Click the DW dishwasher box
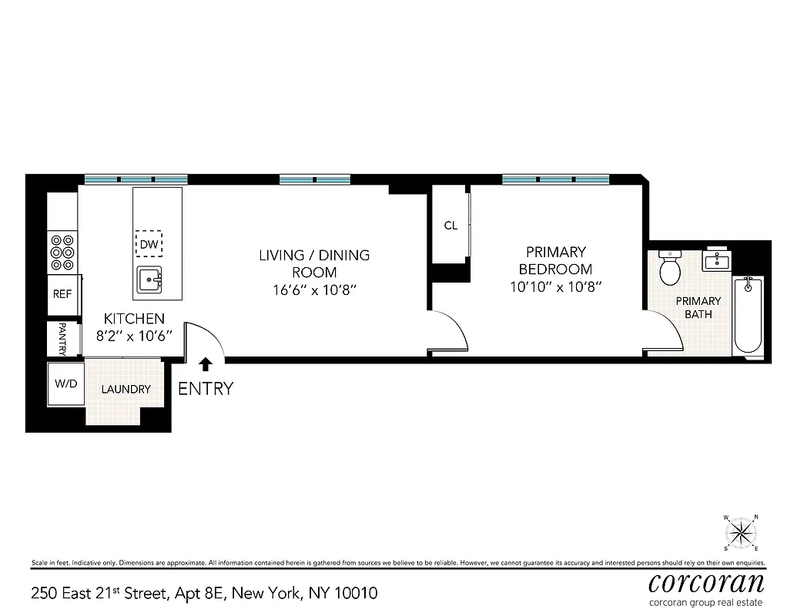pyautogui.click(x=149, y=245)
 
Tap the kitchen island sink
pyautogui.click(x=150, y=280)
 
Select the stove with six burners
pyautogui.click(x=63, y=252)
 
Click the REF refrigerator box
pyautogui.click(x=62, y=294)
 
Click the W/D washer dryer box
pyautogui.click(x=65, y=383)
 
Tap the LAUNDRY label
pyautogui.click(x=126, y=390)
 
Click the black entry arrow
pyautogui.click(x=206, y=363)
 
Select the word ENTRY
pyautogui.click(x=205, y=389)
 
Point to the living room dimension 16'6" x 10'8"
pyautogui.click(x=313, y=290)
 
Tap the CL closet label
pyautogui.click(x=450, y=226)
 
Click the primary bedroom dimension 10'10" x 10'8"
pyautogui.click(x=555, y=287)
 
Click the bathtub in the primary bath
pyautogui.click(x=748, y=316)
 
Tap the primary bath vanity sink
pyautogui.click(x=717, y=261)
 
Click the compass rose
pyautogui.click(x=741, y=533)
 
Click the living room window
pyautogui.click(x=314, y=180)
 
